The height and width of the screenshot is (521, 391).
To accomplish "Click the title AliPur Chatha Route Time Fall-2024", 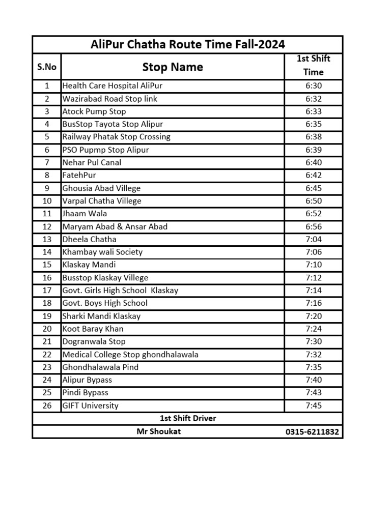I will click(x=188, y=44).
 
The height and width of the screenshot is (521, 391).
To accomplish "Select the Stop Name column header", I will click(x=172, y=67).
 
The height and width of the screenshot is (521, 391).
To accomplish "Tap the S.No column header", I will click(x=47, y=67).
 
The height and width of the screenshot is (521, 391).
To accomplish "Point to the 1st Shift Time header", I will click(x=313, y=65).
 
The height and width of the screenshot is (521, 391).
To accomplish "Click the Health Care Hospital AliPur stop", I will click(x=112, y=86).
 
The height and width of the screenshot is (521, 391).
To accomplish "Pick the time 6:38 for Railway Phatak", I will click(x=314, y=137).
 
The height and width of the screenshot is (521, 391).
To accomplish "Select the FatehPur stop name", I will click(x=79, y=175).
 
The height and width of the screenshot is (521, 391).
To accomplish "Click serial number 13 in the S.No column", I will click(x=47, y=239).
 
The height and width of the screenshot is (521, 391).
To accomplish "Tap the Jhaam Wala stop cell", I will click(x=85, y=214).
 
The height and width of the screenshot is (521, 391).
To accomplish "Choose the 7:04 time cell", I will click(x=314, y=239).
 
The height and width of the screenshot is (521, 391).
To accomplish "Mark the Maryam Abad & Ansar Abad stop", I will click(x=115, y=226).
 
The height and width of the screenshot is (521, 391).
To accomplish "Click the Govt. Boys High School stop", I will click(x=105, y=303).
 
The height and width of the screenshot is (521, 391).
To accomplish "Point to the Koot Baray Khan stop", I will click(x=93, y=329).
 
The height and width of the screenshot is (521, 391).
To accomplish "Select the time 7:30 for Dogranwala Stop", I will click(x=314, y=341).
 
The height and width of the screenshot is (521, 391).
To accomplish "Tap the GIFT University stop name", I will click(x=90, y=406).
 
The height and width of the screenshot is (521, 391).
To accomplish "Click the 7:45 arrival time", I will click(x=314, y=406).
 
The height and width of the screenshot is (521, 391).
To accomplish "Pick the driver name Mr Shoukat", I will click(x=158, y=431).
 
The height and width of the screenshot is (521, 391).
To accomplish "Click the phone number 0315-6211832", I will click(x=313, y=432).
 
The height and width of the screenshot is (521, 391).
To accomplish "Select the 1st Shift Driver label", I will click(x=188, y=418).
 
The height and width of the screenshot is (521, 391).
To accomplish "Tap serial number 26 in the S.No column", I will click(x=47, y=406).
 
